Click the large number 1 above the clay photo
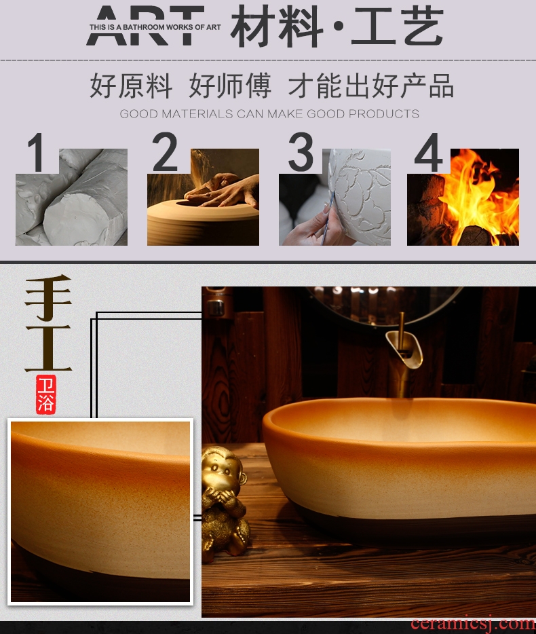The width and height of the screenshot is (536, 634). tap(36, 153)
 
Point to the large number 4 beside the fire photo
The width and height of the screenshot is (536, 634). tap(429, 152)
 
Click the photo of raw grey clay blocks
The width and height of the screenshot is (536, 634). tap(71, 197)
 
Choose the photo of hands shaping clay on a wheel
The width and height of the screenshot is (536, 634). tap(203, 197)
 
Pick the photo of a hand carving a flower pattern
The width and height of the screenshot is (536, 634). tap(334, 197)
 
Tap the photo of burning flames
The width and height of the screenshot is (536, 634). tap(463, 197)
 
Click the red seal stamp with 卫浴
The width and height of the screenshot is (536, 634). tap(45, 394)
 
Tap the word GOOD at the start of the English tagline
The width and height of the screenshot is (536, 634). tap(138, 114)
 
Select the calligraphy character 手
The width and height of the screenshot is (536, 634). tap(48, 297)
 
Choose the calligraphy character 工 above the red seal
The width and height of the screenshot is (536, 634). tap(48, 348)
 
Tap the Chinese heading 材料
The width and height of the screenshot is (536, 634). tap(277, 26)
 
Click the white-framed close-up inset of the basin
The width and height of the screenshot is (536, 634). tap(100, 512)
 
